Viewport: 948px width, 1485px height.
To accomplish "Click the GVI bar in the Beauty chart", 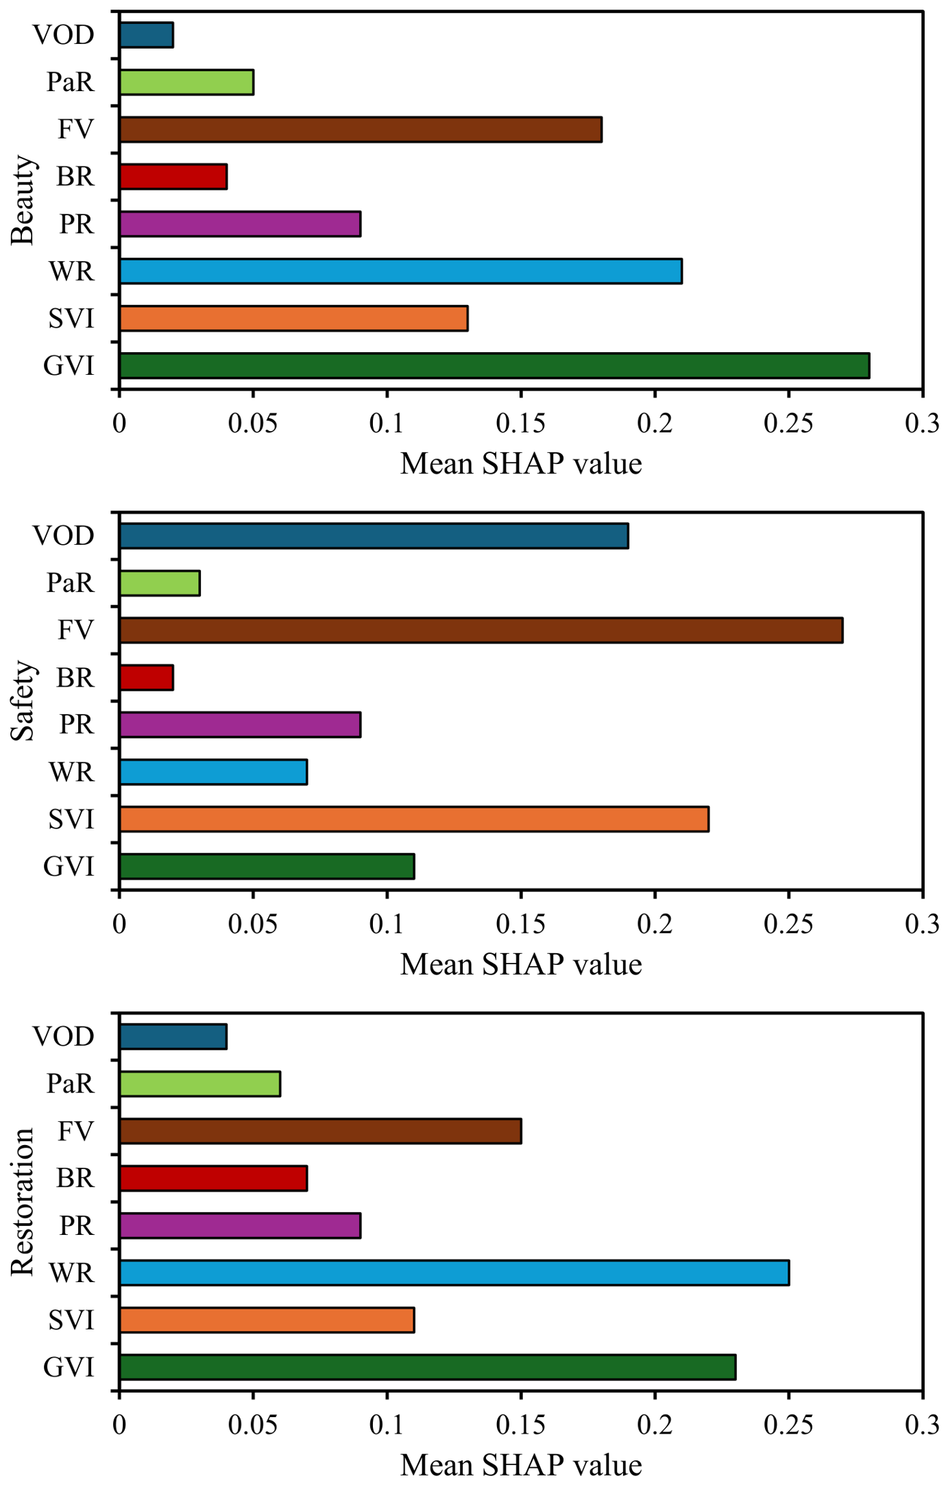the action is point(494,366).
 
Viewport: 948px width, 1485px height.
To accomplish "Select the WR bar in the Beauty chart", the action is point(400,271).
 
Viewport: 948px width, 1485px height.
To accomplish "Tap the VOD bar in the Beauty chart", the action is point(146,35).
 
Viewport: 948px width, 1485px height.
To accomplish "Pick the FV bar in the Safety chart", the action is point(481,630).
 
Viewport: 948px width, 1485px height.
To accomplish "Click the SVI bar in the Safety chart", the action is point(414,820).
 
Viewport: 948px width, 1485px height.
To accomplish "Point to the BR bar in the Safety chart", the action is point(146,678).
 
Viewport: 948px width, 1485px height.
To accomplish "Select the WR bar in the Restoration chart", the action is point(454,1273).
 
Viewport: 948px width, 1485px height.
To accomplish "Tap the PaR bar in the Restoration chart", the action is point(199,1084).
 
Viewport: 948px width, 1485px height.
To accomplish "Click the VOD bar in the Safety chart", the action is point(374,536).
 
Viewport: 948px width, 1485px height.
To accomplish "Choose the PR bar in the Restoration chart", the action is point(240,1226).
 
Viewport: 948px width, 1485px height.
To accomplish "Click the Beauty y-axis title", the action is point(23,200).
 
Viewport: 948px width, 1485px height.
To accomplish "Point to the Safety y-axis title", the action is point(23,701).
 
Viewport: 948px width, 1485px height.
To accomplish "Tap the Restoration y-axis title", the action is point(23,1202).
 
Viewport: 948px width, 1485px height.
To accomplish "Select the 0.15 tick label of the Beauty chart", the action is point(521,424).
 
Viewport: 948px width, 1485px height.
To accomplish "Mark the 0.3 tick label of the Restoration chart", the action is point(922,1425).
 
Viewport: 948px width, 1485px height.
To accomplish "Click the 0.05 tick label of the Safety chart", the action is point(253,924).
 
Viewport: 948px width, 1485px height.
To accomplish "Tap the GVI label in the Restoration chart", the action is point(69,1367).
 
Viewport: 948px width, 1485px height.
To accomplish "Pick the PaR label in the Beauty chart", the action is point(70,82).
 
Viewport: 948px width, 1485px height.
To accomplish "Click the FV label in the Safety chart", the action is point(75,630).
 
